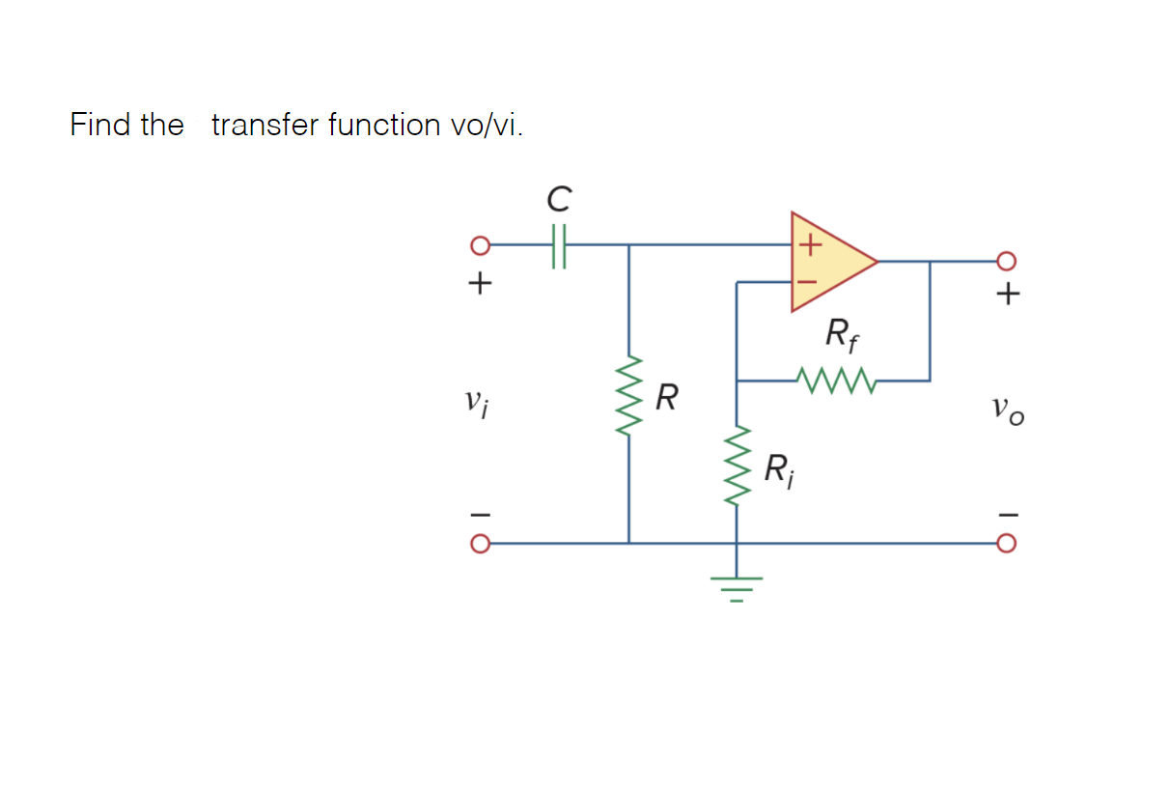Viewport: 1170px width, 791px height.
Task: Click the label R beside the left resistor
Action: tap(666, 396)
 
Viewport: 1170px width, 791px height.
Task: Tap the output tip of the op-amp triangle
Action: tap(875, 261)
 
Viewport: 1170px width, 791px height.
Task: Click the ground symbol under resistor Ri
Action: tap(738, 584)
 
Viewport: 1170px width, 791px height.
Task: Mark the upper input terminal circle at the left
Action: tap(478, 245)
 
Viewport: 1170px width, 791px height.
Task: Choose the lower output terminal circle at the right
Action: tap(1006, 543)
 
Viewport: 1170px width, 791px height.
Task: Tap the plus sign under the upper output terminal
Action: tap(1007, 294)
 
